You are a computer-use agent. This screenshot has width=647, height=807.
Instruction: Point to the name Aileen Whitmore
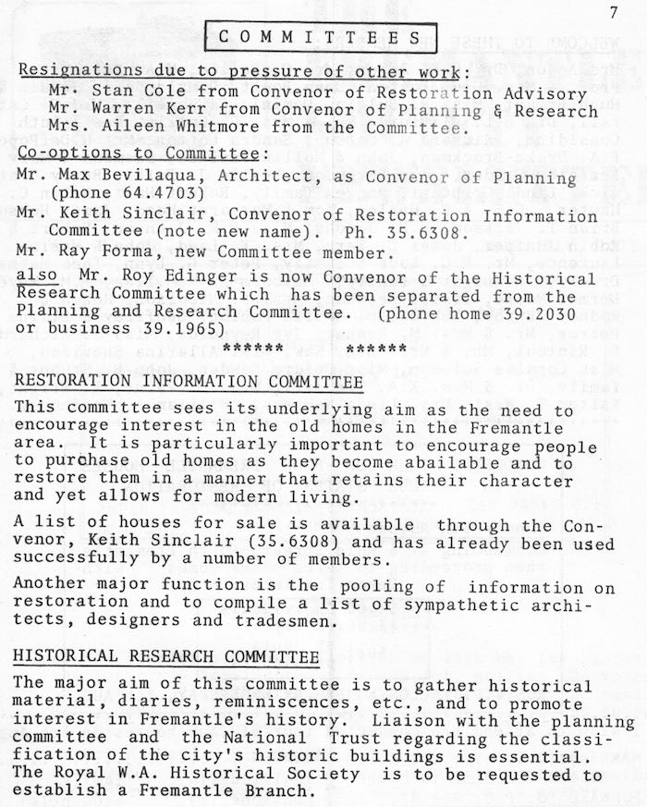[x=165, y=128]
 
